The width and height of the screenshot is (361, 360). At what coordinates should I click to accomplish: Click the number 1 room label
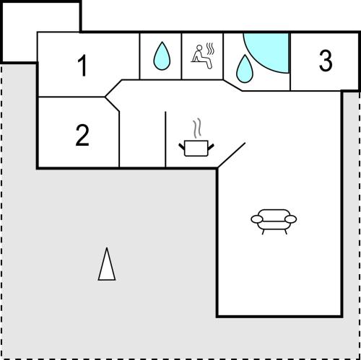(x=82, y=65)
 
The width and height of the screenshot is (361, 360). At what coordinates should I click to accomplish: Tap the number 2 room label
(x=82, y=135)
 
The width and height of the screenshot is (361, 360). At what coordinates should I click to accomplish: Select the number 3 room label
(x=326, y=60)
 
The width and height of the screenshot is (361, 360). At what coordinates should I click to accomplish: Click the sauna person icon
(x=202, y=56)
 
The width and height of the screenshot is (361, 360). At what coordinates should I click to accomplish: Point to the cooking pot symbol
(x=196, y=148)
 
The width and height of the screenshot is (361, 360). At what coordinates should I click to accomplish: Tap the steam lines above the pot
(x=197, y=128)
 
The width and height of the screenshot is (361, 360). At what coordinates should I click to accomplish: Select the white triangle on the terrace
(x=107, y=265)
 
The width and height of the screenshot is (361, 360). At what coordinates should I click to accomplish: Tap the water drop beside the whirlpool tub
(x=245, y=70)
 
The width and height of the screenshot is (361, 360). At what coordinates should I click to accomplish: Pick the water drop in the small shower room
(x=162, y=57)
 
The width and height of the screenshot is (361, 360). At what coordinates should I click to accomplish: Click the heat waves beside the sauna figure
(x=210, y=49)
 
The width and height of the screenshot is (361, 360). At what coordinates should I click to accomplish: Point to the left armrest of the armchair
(x=257, y=219)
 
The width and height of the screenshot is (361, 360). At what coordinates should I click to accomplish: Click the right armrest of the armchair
(x=291, y=219)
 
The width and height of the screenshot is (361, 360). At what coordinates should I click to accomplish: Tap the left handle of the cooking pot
(x=181, y=146)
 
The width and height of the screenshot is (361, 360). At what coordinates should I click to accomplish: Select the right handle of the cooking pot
(x=211, y=146)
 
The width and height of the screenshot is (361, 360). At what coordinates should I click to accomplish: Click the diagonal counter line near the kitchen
(x=232, y=155)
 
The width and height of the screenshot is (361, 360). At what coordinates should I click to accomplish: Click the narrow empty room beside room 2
(x=142, y=139)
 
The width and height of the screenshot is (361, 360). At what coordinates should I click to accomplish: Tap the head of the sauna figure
(x=199, y=48)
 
